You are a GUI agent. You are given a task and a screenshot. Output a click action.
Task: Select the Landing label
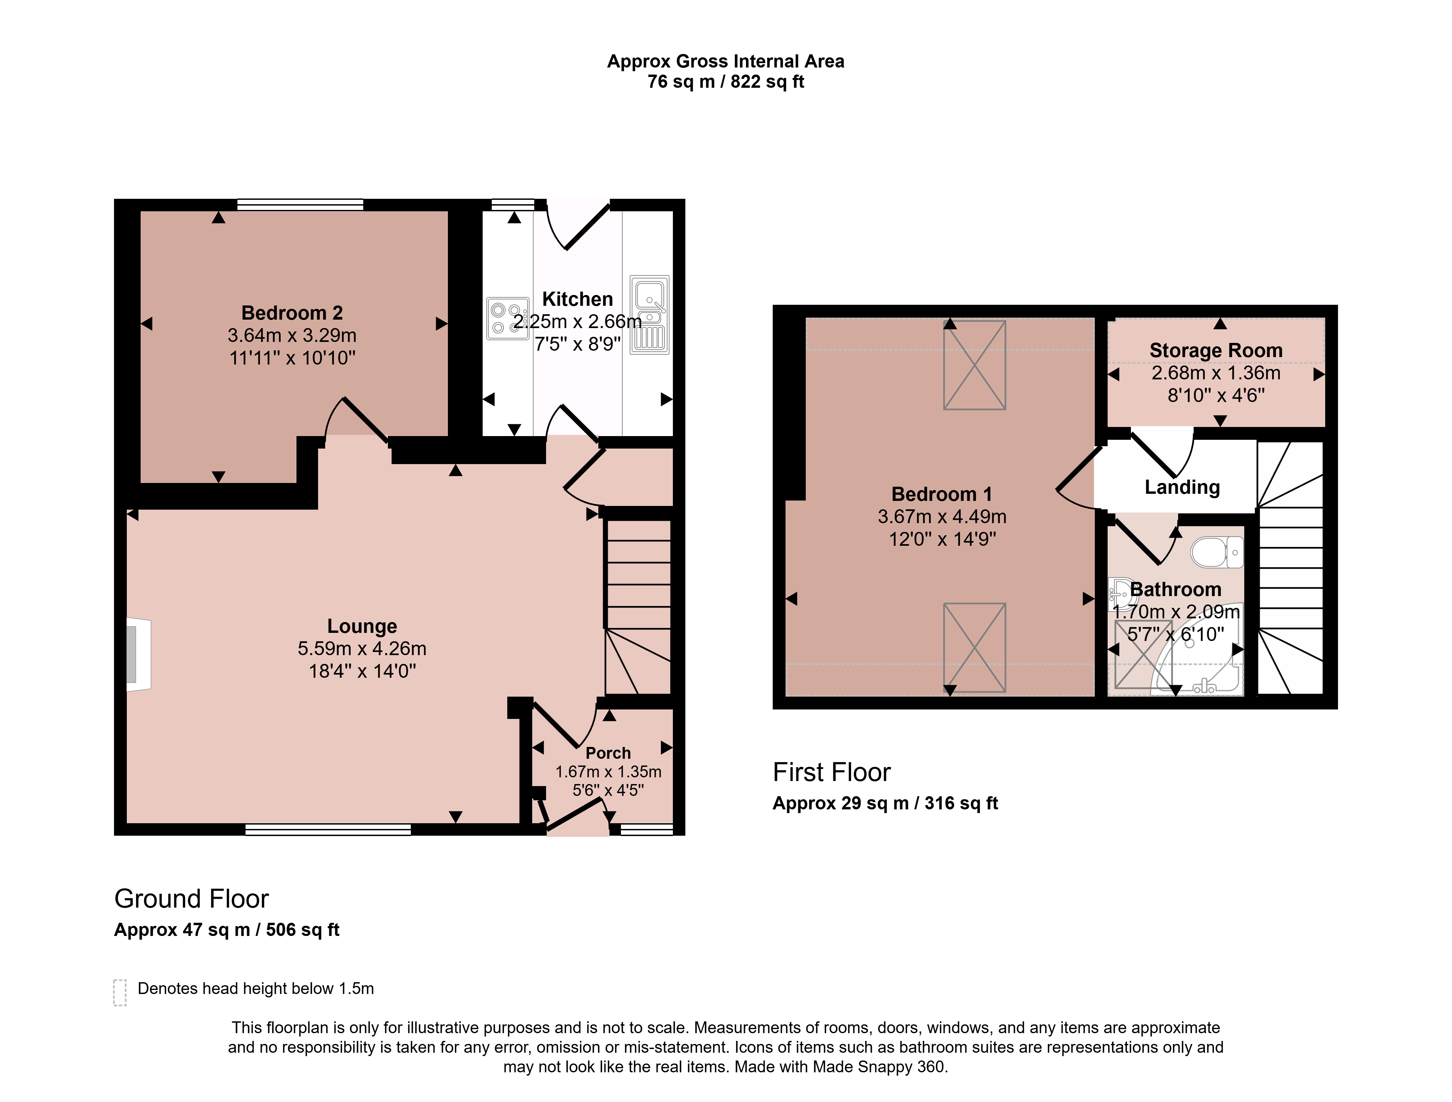coord(1182,487)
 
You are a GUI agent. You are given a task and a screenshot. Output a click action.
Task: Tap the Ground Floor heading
coord(192,898)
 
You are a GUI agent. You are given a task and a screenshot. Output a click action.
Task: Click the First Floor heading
coord(832,772)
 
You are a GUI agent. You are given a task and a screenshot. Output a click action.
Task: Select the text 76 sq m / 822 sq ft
coord(725,82)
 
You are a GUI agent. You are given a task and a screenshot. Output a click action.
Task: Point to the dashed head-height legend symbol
coord(119,992)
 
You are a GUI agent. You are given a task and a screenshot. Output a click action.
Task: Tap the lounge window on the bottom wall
coord(328,830)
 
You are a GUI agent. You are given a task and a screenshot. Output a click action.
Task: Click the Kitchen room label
coord(578,299)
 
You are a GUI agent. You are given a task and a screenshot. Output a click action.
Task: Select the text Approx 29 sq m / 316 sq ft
coord(885,803)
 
